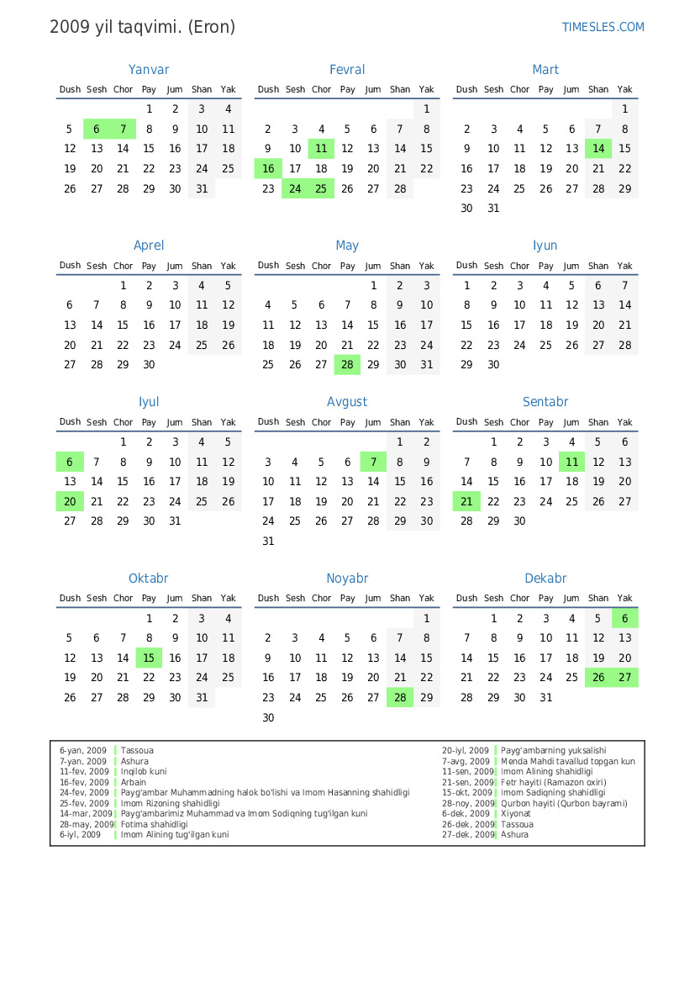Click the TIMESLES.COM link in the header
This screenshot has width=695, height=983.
pos(603,27)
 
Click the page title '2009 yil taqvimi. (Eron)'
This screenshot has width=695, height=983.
pos(142,27)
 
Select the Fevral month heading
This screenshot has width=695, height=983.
pos(347,70)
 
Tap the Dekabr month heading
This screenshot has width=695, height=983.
pos(545,579)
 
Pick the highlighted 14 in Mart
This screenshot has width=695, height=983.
pos(598,149)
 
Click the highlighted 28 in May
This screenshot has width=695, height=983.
pos(347,365)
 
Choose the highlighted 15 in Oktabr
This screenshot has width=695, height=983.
pos(149,658)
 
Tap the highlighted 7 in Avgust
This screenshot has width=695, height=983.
pos(373,462)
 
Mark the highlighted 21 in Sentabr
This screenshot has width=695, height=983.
pos(466,502)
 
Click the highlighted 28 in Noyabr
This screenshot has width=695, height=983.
pos(400,698)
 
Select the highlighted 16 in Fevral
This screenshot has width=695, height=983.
pos(268,169)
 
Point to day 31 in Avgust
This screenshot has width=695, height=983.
pos(268,542)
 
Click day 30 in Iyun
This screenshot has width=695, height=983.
pos(493,365)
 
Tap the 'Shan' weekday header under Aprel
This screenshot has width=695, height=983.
pos(202,266)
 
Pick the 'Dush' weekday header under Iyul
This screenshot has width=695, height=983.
pos(71,422)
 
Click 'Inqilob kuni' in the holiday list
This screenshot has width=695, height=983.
pos(144,771)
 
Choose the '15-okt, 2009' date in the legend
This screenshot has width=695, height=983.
pos(468,792)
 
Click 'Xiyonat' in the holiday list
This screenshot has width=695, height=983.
pos(517,813)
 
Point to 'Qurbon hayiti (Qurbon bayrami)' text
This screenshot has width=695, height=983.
pos(564,803)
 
